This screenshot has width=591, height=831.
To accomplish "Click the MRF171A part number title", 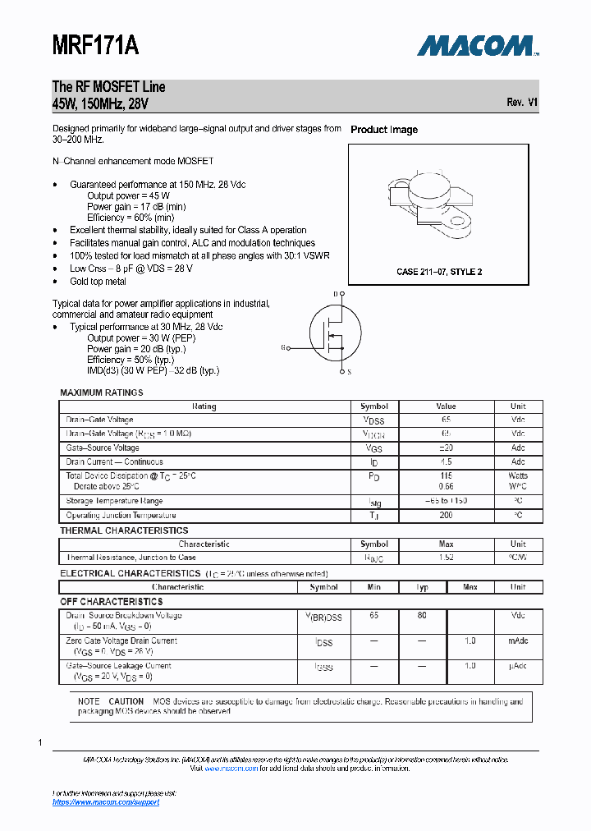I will [95, 45].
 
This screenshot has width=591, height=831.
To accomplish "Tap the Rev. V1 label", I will [522, 103].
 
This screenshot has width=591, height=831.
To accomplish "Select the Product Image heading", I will [383, 130].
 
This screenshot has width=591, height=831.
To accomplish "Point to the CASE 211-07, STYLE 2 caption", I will [439, 272].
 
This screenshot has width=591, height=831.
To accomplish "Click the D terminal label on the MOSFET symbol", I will [335, 294].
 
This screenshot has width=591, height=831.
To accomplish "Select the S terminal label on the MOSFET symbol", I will [349, 372].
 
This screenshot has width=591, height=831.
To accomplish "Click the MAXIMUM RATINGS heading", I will [102, 393].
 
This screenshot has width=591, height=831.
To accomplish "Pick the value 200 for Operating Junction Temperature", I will [447, 516].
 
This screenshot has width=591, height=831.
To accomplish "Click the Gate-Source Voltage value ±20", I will [447, 448].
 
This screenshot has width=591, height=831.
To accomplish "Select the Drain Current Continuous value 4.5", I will [447, 461].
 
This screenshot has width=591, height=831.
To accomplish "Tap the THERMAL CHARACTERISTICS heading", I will [124, 530].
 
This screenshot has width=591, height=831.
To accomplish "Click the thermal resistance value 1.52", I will [447, 558].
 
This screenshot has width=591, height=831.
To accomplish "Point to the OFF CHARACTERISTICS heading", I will [112, 602].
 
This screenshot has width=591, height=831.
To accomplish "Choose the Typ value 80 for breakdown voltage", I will [421, 615].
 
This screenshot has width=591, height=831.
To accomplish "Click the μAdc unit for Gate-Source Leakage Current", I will [517, 666].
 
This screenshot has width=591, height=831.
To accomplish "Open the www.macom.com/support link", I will [106, 802].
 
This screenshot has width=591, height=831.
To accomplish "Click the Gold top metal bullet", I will [98, 282].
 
